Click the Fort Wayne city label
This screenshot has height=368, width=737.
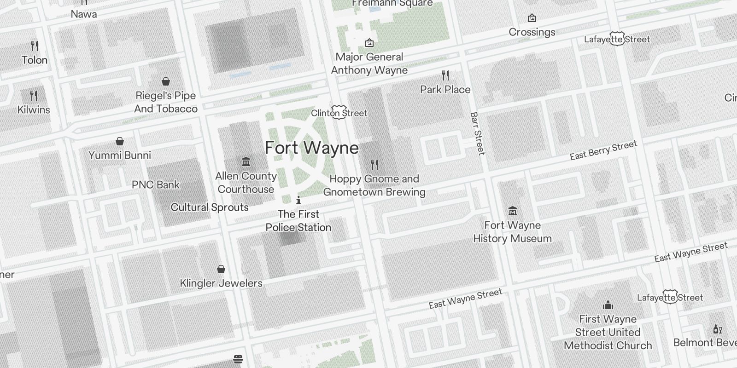(x=312, y=148)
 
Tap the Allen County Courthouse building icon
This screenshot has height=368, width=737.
(x=246, y=162)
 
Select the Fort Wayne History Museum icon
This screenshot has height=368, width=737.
(x=513, y=211)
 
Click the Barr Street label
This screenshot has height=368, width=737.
(x=478, y=133)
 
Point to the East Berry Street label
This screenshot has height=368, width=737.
(x=603, y=150)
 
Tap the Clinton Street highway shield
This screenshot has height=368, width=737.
(x=339, y=112)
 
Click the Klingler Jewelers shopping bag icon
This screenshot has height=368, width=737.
(x=221, y=269)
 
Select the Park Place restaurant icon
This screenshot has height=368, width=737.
(x=445, y=75)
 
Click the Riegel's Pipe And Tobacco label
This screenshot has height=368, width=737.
(x=166, y=102)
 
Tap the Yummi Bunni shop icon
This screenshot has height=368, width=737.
(x=120, y=141)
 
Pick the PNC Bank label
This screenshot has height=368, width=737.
(x=156, y=184)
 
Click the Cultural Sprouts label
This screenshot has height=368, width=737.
(x=210, y=207)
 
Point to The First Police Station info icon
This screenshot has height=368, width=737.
(x=298, y=200)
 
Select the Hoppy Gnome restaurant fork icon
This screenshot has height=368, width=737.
(x=374, y=164)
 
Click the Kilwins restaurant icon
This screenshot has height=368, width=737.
(x=34, y=96)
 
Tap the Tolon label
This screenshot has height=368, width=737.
(x=35, y=60)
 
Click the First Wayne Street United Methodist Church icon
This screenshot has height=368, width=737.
(x=608, y=305)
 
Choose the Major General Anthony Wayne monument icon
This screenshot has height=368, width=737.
(x=369, y=43)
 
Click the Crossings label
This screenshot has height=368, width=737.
(x=532, y=32)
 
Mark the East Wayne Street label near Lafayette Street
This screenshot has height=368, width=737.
(x=691, y=252)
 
